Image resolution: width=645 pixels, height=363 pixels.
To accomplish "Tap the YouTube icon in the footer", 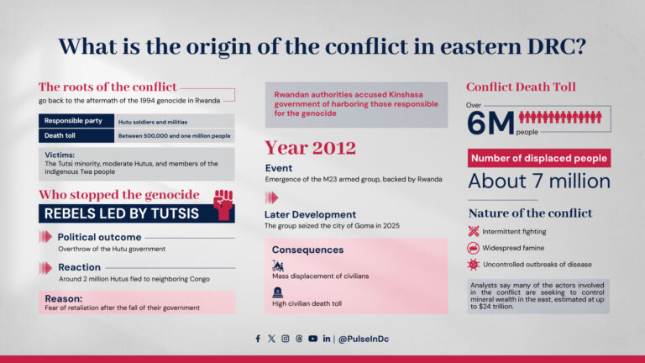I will [x=312, y=339].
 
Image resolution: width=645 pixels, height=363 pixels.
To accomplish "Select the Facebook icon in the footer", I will [x=258, y=339].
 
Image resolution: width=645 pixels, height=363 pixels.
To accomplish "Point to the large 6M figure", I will [x=490, y=124].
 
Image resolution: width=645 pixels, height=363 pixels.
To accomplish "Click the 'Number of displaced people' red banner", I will [x=538, y=158].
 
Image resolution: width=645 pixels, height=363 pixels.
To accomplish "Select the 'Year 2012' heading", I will [x=310, y=148].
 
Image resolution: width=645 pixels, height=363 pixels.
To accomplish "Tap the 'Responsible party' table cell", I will [x=76, y=121].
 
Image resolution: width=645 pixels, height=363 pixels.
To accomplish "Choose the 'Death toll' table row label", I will [x=76, y=135].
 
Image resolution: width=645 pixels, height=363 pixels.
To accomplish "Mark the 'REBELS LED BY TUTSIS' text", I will [x=121, y=213].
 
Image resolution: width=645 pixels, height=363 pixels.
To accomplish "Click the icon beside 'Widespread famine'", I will [x=474, y=248].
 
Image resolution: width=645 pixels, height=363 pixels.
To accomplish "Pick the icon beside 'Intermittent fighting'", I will [x=474, y=231].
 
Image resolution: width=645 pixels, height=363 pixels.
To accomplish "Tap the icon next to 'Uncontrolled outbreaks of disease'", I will [x=474, y=265].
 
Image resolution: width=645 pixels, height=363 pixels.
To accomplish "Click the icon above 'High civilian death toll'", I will [x=278, y=291].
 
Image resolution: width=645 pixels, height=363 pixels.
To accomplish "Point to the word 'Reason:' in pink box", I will [x=63, y=298].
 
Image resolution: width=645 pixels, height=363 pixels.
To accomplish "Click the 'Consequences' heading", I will [x=307, y=250].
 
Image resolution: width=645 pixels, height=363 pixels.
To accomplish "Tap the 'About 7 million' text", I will [x=538, y=181].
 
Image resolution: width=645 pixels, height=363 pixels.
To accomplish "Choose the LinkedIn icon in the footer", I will [x=326, y=339].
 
